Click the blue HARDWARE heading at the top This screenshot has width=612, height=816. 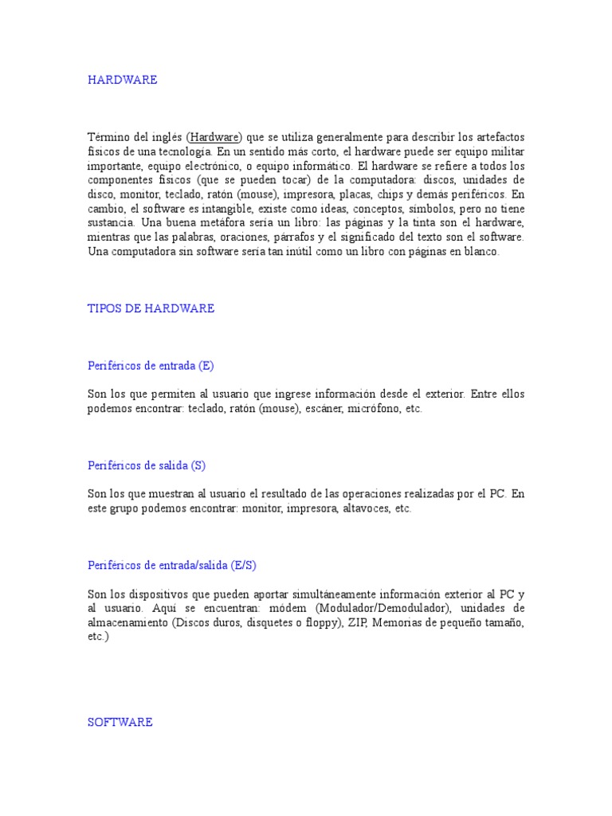(x=122, y=80)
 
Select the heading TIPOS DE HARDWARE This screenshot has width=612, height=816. (x=151, y=308)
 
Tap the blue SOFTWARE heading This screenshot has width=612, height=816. (x=120, y=722)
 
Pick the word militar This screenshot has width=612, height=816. (x=506, y=151)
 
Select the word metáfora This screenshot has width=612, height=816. (x=241, y=223)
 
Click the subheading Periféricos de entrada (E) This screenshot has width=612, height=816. (x=151, y=366)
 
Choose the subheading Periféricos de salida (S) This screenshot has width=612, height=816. (x=147, y=465)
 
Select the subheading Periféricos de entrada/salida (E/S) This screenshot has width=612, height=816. (x=171, y=565)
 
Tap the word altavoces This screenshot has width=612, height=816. (x=366, y=508)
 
